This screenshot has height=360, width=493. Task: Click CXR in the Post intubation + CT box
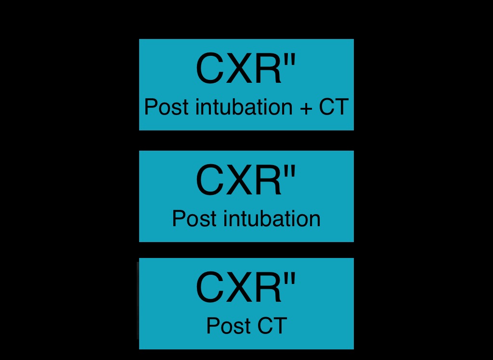click(x=238, y=69)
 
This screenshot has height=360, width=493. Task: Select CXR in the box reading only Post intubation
click(x=238, y=180)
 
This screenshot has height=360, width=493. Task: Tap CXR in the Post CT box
click(x=238, y=288)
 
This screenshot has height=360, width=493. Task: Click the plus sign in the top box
click(x=306, y=108)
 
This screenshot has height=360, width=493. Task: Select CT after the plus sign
click(x=333, y=107)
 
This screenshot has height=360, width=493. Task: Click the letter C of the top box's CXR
click(x=211, y=69)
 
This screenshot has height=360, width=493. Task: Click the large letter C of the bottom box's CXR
click(x=211, y=288)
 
